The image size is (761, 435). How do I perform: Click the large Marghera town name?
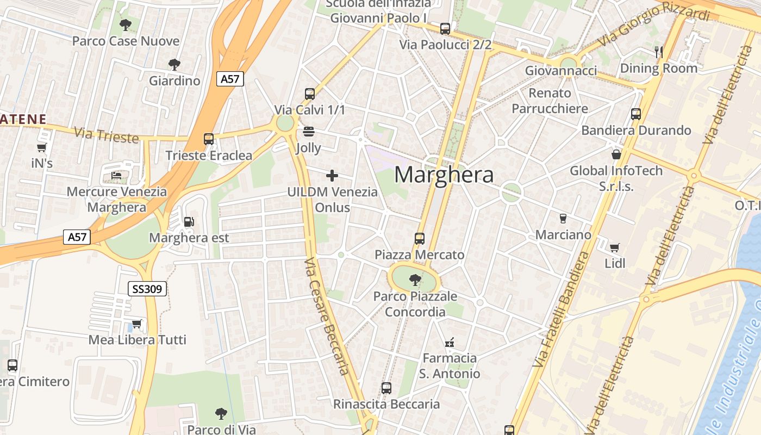(x=444, y=175)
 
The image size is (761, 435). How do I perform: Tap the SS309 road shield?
(x=147, y=289)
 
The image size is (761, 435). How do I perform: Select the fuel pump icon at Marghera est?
(x=189, y=222)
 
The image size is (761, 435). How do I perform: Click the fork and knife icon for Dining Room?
(x=659, y=52)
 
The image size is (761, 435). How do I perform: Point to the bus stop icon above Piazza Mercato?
(x=419, y=238)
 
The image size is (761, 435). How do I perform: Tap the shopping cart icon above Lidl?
(x=615, y=248)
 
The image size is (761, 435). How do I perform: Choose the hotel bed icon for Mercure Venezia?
(x=117, y=176)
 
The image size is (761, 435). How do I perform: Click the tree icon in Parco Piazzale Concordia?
(x=415, y=280)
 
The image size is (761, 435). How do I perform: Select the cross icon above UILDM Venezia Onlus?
(x=332, y=175)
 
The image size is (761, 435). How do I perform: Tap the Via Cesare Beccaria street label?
(x=326, y=316)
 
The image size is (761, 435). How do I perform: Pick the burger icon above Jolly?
(x=309, y=131)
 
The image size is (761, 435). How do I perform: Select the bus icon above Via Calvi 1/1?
(x=310, y=94)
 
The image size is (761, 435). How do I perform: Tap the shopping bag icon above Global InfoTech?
(x=616, y=154)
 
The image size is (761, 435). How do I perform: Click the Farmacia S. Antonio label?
(x=450, y=365)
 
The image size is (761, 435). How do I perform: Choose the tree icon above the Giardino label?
(x=174, y=65)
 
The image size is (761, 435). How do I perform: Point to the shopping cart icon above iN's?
(x=41, y=147)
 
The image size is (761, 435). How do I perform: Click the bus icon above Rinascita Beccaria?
(x=386, y=388)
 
